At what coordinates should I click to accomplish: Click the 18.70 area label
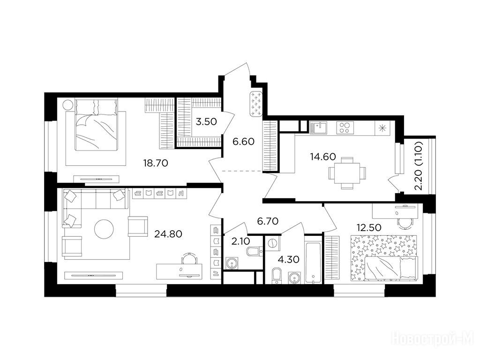click(x=156, y=163)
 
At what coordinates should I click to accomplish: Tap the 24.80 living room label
click(x=168, y=234)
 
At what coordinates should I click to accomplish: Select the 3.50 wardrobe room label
click(x=206, y=122)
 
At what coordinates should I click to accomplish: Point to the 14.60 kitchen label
click(x=323, y=157)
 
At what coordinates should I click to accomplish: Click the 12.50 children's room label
click(x=369, y=227)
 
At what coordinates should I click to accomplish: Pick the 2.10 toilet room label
click(x=241, y=241)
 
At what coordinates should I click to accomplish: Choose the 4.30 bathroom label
click(x=288, y=260)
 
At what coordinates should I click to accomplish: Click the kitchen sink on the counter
click(x=318, y=127)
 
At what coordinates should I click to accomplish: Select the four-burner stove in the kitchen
click(x=345, y=127)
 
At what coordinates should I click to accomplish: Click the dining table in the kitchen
click(x=347, y=173)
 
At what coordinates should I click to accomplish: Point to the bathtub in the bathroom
click(x=313, y=259)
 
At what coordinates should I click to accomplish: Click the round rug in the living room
click(x=104, y=229)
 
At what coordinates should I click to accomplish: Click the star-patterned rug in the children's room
click(x=383, y=258)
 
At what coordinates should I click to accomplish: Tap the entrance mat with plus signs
click(x=256, y=105)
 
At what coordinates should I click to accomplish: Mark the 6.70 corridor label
click(x=268, y=221)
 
